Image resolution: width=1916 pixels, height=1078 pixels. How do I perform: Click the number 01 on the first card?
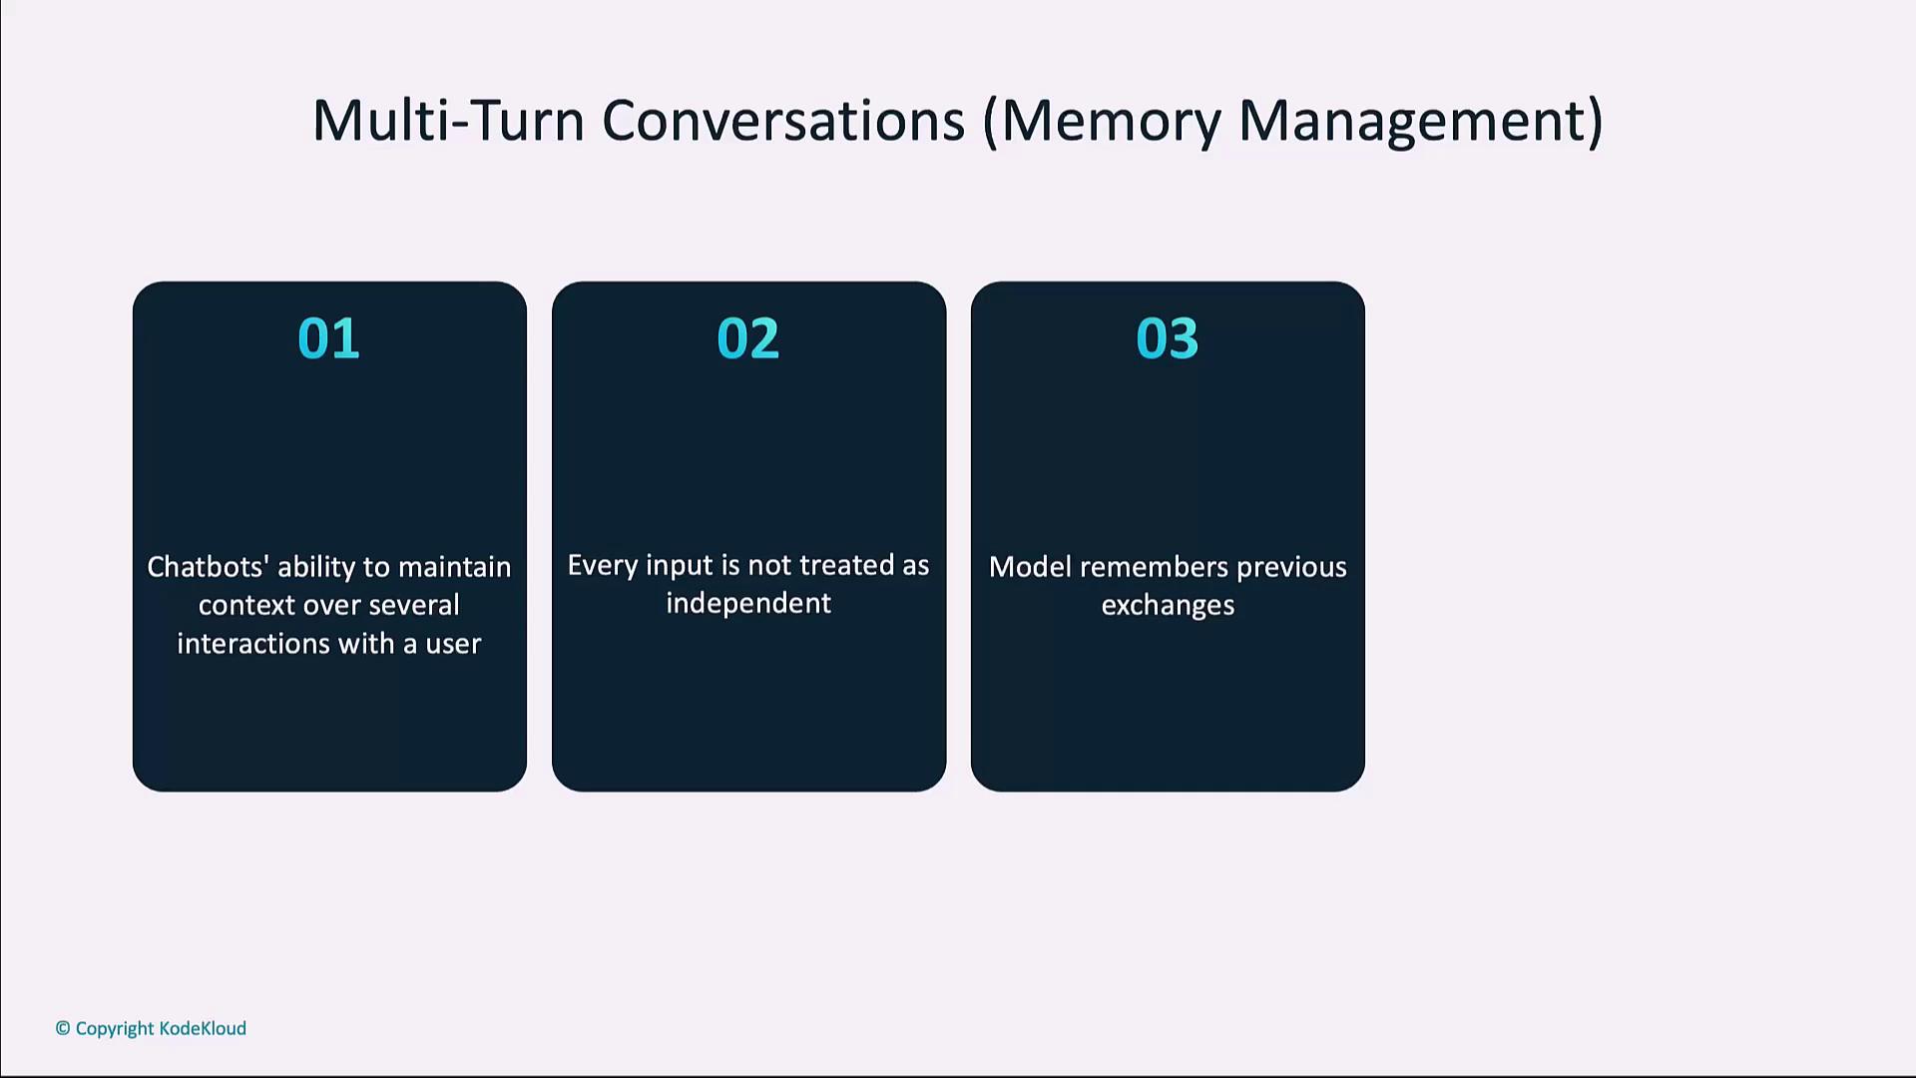point(328,338)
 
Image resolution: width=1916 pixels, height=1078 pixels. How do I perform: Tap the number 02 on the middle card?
point(747,338)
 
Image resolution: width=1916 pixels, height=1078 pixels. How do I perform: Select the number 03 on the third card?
point(1167,338)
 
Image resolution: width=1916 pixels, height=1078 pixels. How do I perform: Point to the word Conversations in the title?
point(783,121)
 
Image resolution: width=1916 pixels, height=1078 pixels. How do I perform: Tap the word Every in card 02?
point(602,566)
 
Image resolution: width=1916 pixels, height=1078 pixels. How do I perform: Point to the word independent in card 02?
point(748,604)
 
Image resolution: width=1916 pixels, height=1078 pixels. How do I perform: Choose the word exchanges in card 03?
point(1168,606)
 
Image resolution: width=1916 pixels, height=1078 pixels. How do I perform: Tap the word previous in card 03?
point(1291,568)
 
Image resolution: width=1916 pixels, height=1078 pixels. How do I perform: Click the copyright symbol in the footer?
point(63,1028)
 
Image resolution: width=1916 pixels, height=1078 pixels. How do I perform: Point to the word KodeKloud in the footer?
point(203,1028)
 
